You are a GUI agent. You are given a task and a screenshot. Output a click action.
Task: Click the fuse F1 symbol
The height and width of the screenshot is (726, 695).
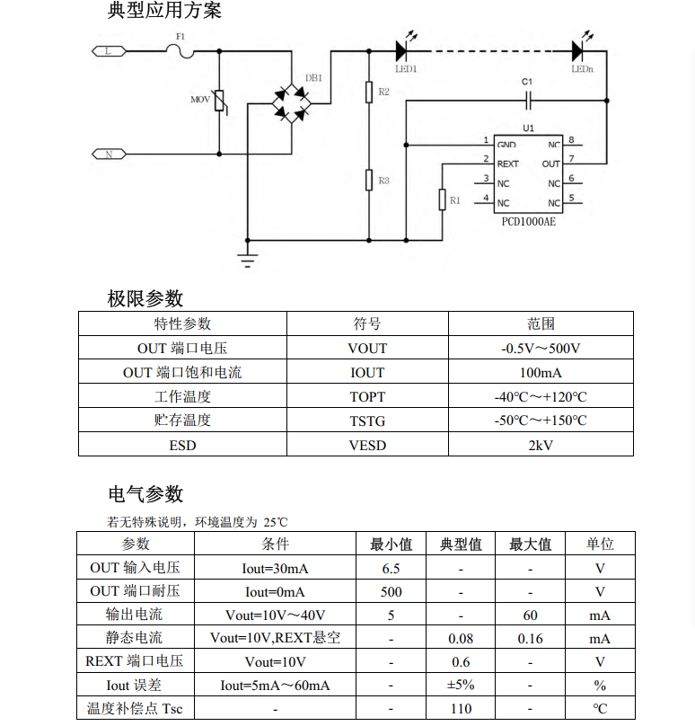[x=187, y=51]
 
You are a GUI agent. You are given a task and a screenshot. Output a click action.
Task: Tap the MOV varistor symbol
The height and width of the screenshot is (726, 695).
[x=221, y=101]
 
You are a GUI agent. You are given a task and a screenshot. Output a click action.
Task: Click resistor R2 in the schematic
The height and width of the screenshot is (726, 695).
[x=368, y=93]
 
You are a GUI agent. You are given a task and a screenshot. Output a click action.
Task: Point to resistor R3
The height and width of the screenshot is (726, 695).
[x=368, y=180]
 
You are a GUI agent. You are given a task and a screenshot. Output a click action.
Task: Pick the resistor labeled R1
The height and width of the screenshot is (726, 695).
[x=442, y=199]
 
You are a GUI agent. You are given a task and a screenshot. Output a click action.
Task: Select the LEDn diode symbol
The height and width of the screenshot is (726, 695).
[x=579, y=50]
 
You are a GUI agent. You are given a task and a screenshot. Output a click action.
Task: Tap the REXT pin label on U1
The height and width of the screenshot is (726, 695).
[x=508, y=164]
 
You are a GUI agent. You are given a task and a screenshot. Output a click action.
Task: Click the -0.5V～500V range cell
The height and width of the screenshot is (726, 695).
[x=541, y=348]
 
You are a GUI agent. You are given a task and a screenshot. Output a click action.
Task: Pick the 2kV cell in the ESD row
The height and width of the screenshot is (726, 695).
[x=541, y=445]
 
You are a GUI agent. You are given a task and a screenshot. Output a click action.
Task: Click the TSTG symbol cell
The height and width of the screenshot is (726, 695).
[x=367, y=421]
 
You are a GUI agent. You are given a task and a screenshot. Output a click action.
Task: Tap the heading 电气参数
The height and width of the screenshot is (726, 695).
[x=145, y=493]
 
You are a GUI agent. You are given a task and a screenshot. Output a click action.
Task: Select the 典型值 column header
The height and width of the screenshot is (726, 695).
[x=461, y=544]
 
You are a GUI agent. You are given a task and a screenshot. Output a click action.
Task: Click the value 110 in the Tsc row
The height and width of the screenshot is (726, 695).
[x=461, y=708]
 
